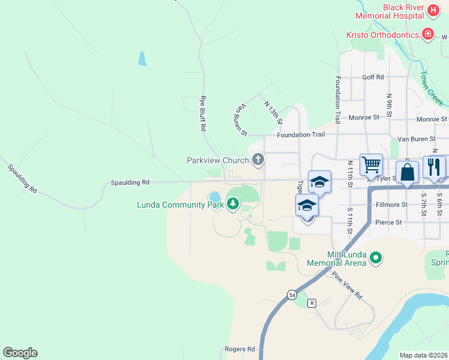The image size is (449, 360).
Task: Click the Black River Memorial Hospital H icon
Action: point(434,11)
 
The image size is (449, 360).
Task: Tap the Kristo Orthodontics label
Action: point(382,35)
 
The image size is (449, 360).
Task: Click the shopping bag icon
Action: point(407,172)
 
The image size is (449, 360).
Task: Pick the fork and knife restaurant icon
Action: point(434,166)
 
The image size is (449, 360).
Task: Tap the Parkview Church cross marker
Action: point(258,160)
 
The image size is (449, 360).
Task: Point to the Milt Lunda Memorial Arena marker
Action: point(376,258)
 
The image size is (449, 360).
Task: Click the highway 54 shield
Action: point(292,295)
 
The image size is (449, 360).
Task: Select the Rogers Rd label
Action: point(240,349)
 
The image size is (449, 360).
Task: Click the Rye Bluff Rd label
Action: point(203,113)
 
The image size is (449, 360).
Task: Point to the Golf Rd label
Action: point(373,77)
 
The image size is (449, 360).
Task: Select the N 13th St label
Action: point(273,112)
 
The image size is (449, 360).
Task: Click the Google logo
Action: point(20,353)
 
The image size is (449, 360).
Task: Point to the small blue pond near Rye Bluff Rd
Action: point(142,58)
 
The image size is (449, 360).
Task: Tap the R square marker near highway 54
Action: point(312,303)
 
